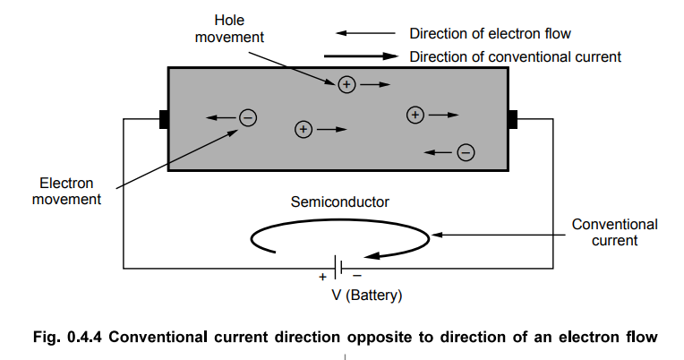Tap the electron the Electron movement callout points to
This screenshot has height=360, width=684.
click(x=248, y=117)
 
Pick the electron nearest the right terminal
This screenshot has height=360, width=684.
click(x=466, y=151)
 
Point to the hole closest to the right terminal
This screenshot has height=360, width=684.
click(x=415, y=115)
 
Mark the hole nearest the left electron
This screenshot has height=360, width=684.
click(x=303, y=130)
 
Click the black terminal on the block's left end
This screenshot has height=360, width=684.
click(x=164, y=119)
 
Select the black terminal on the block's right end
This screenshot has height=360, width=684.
click(x=513, y=119)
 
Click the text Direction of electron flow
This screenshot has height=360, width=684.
click(x=490, y=34)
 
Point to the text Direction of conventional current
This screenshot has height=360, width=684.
click(x=515, y=56)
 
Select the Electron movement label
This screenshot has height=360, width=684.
click(x=66, y=190)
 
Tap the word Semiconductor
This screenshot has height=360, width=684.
click(x=339, y=201)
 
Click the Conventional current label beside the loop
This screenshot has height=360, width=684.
click(x=614, y=232)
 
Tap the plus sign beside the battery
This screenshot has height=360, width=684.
click(x=322, y=277)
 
